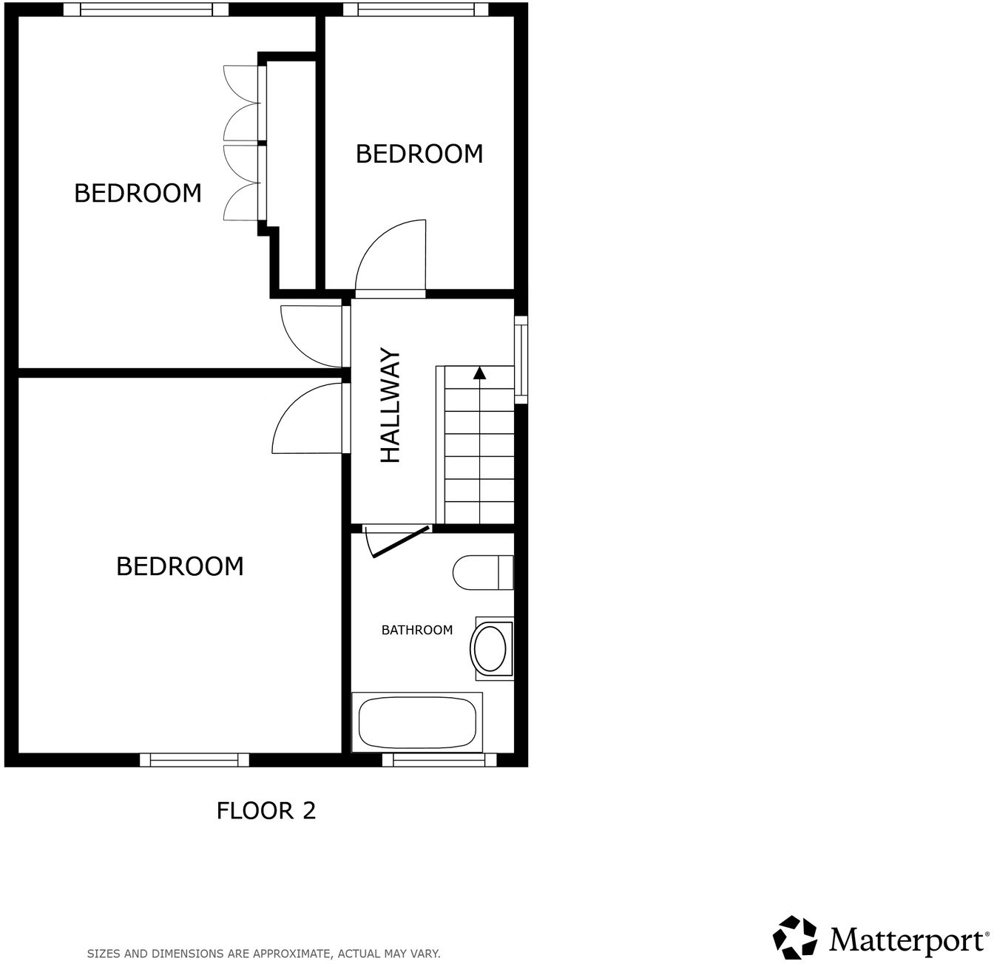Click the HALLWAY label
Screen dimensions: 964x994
pos(390,406)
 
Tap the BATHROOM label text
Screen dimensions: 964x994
pos(416,630)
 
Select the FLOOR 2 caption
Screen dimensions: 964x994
pos(266,810)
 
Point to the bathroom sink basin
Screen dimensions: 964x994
pos(490,648)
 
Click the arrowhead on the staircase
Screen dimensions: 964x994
pos(479,373)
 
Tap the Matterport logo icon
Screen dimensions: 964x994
pos(795,937)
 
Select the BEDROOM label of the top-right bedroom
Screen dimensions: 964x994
pos(419,154)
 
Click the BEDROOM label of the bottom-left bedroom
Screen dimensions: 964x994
pos(180,566)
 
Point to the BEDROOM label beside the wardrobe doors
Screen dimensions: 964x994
pos(138,193)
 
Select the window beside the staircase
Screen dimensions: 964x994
pos(521,359)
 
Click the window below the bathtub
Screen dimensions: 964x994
pos(439,759)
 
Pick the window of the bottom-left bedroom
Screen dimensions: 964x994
pos(195,759)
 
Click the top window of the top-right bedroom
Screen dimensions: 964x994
pos(416,9)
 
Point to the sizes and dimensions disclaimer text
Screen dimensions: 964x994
pos(264,954)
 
